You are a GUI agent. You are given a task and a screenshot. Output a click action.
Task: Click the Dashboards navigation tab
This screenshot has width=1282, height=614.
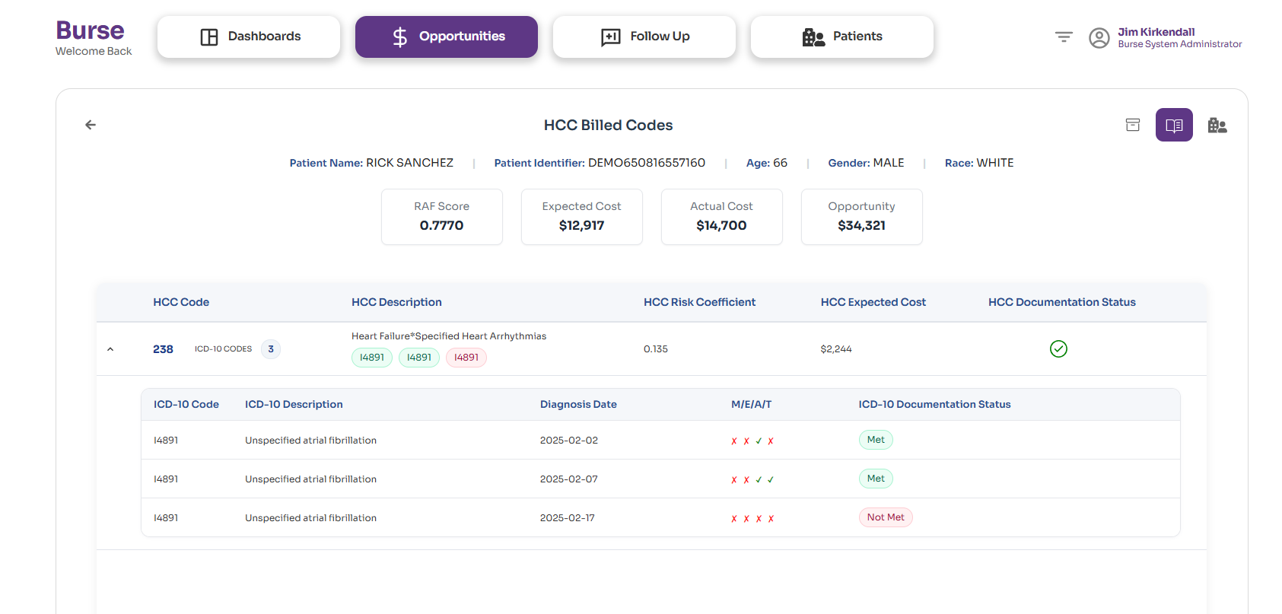pyautogui.click(x=249, y=37)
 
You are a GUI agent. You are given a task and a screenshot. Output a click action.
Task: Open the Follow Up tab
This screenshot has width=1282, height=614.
pyautogui.click(x=644, y=37)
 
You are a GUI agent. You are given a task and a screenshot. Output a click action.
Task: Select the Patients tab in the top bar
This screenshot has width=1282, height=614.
pyautogui.click(x=842, y=37)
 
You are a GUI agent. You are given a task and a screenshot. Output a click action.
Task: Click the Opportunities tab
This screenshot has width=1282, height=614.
pyautogui.click(x=447, y=37)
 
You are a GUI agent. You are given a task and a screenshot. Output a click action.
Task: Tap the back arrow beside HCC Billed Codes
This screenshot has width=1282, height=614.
pyautogui.click(x=91, y=125)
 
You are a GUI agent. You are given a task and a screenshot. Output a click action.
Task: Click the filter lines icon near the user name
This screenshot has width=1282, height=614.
pyautogui.click(x=1064, y=37)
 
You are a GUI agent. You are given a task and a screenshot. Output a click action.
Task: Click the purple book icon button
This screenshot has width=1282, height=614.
pyautogui.click(x=1174, y=125)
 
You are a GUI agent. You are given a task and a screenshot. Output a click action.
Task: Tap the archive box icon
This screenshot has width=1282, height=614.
pyautogui.click(x=1133, y=125)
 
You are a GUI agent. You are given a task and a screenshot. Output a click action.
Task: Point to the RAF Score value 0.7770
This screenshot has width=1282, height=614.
pyautogui.click(x=441, y=225)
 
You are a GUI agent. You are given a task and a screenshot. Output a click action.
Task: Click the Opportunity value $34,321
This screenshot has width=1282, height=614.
pyautogui.click(x=861, y=225)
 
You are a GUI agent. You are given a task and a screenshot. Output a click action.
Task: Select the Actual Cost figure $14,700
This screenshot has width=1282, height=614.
pyautogui.click(x=721, y=225)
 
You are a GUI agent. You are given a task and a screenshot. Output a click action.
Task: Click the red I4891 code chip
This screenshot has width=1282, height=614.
pyautogui.click(x=466, y=358)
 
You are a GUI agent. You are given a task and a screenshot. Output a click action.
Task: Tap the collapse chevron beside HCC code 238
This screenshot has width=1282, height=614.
pyautogui.click(x=110, y=349)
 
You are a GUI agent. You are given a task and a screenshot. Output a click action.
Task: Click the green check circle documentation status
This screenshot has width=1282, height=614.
pyautogui.click(x=1058, y=348)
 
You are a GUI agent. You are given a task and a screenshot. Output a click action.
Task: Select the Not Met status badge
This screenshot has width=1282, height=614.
pyautogui.click(x=886, y=517)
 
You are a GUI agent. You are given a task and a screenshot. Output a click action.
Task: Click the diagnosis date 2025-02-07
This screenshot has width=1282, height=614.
pyautogui.click(x=569, y=479)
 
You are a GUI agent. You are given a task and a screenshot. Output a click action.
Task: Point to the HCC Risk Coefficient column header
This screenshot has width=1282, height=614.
pyautogui.click(x=699, y=302)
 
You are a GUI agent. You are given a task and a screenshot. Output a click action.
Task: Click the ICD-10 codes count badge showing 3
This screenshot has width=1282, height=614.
pyautogui.click(x=271, y=349)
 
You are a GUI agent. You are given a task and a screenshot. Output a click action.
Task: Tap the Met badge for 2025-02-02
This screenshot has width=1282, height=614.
pyautogui.click(x=876, y=440)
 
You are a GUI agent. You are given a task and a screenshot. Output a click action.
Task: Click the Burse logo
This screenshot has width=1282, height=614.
pyautogui.click(x=90, y=30)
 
